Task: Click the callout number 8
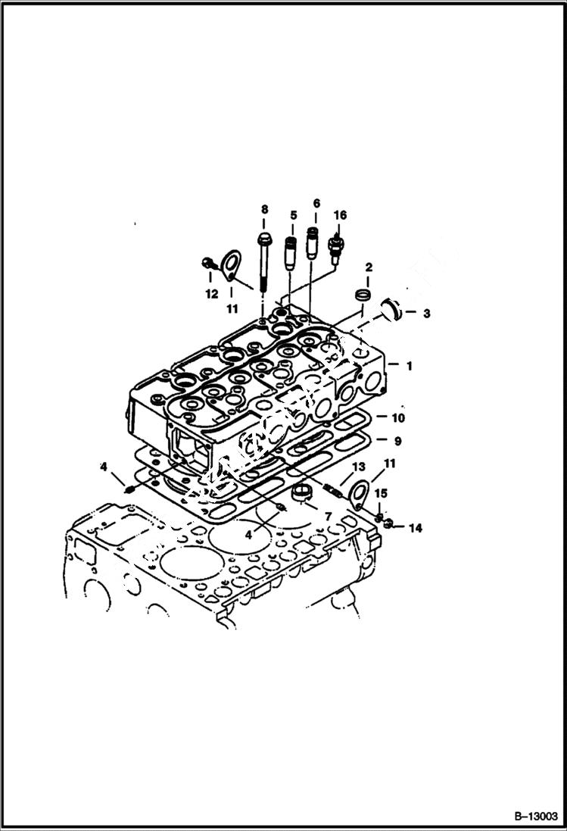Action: coord(264,208)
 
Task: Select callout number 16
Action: coord(340,216)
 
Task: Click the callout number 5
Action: coord(292,216)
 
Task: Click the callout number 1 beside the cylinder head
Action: coord(409,366)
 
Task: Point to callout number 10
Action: coord(398,417)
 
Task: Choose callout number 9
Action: coord(398,440)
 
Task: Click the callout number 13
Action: coord(359,467)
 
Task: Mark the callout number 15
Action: coord(382,494)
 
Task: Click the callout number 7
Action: coord(329,517)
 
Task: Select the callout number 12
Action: coord(211,293)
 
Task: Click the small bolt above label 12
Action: coord(207,264)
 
